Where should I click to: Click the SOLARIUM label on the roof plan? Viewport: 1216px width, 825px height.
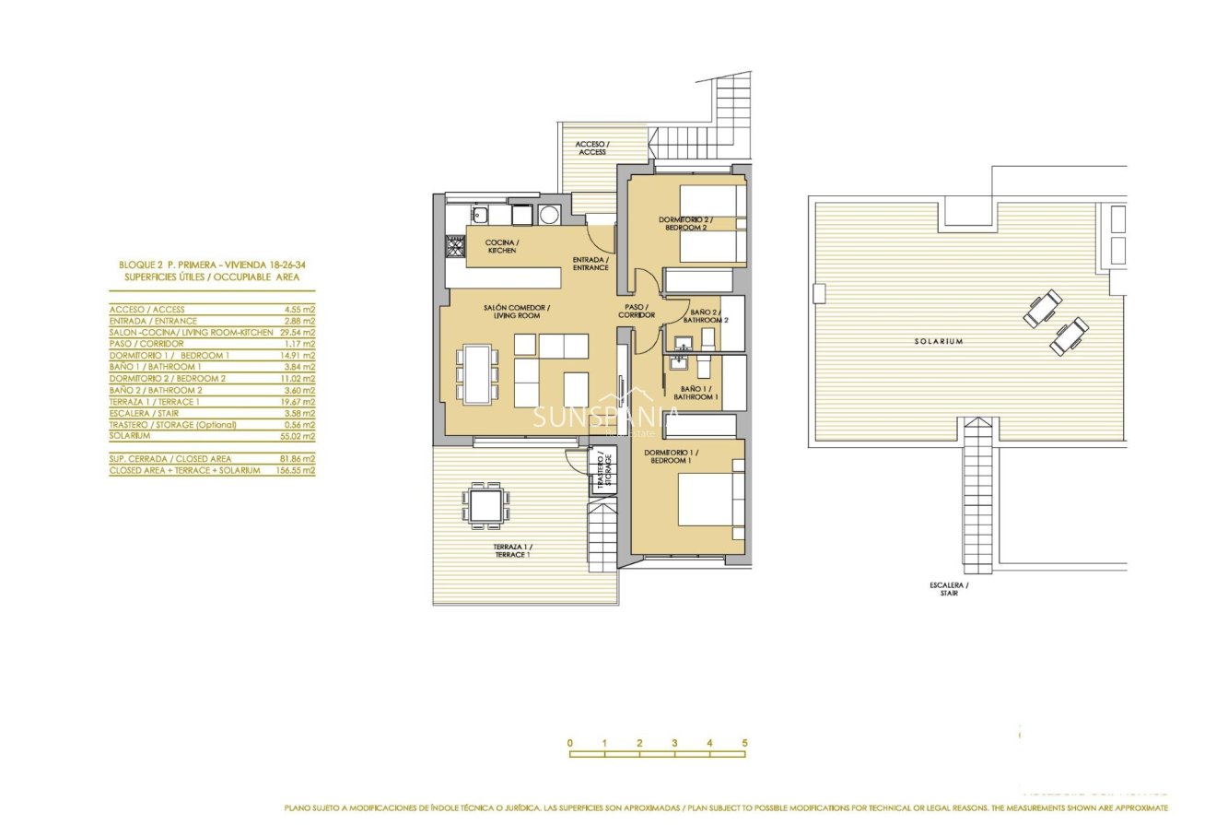(x=939, y=341)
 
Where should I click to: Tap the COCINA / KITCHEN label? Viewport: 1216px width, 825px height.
(x=502, y=246)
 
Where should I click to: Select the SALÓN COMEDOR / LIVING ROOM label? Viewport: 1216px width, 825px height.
(x=517, y=312)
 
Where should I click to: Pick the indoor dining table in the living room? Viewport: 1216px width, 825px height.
(x=477, y=372)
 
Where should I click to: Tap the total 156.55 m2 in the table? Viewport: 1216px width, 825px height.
(x=295, y=470)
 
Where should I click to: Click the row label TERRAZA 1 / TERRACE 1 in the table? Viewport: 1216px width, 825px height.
(x=154, y=402)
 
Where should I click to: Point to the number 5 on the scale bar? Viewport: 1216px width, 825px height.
(x=744, y=743)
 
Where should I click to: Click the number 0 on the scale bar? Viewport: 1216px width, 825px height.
(x=570, y=743)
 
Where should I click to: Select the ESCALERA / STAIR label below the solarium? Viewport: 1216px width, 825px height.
(x=950, y=589)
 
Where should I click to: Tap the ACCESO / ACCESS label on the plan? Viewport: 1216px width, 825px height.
(x=592, y=147)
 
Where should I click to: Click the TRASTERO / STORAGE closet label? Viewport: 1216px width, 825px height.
(x=602, y=470)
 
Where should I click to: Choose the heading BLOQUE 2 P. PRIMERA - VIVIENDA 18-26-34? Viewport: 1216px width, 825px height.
(x=212, y=265)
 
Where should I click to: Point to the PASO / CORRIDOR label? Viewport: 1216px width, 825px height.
(x=636, y=312)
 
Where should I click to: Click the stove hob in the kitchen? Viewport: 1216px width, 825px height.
(x=455, y=246)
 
